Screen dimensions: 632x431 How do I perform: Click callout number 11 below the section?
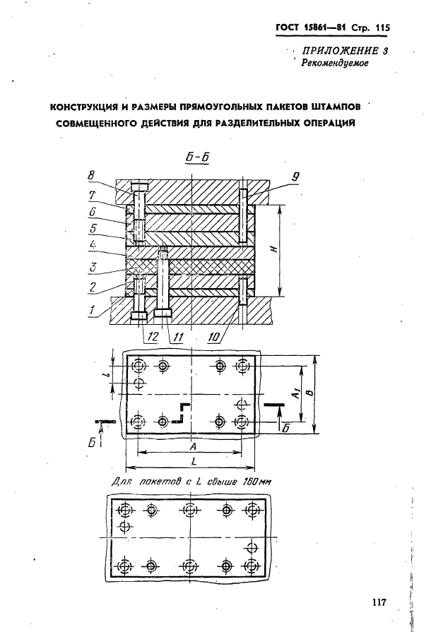pyautogui.click(x=178, y=338)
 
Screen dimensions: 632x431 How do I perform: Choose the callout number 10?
pyautogui.click(x=213, y=338)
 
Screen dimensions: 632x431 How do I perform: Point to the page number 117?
pyautogui.click(x=377, y=602)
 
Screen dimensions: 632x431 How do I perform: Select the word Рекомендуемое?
pyautogui.click(x=334, y=64)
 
